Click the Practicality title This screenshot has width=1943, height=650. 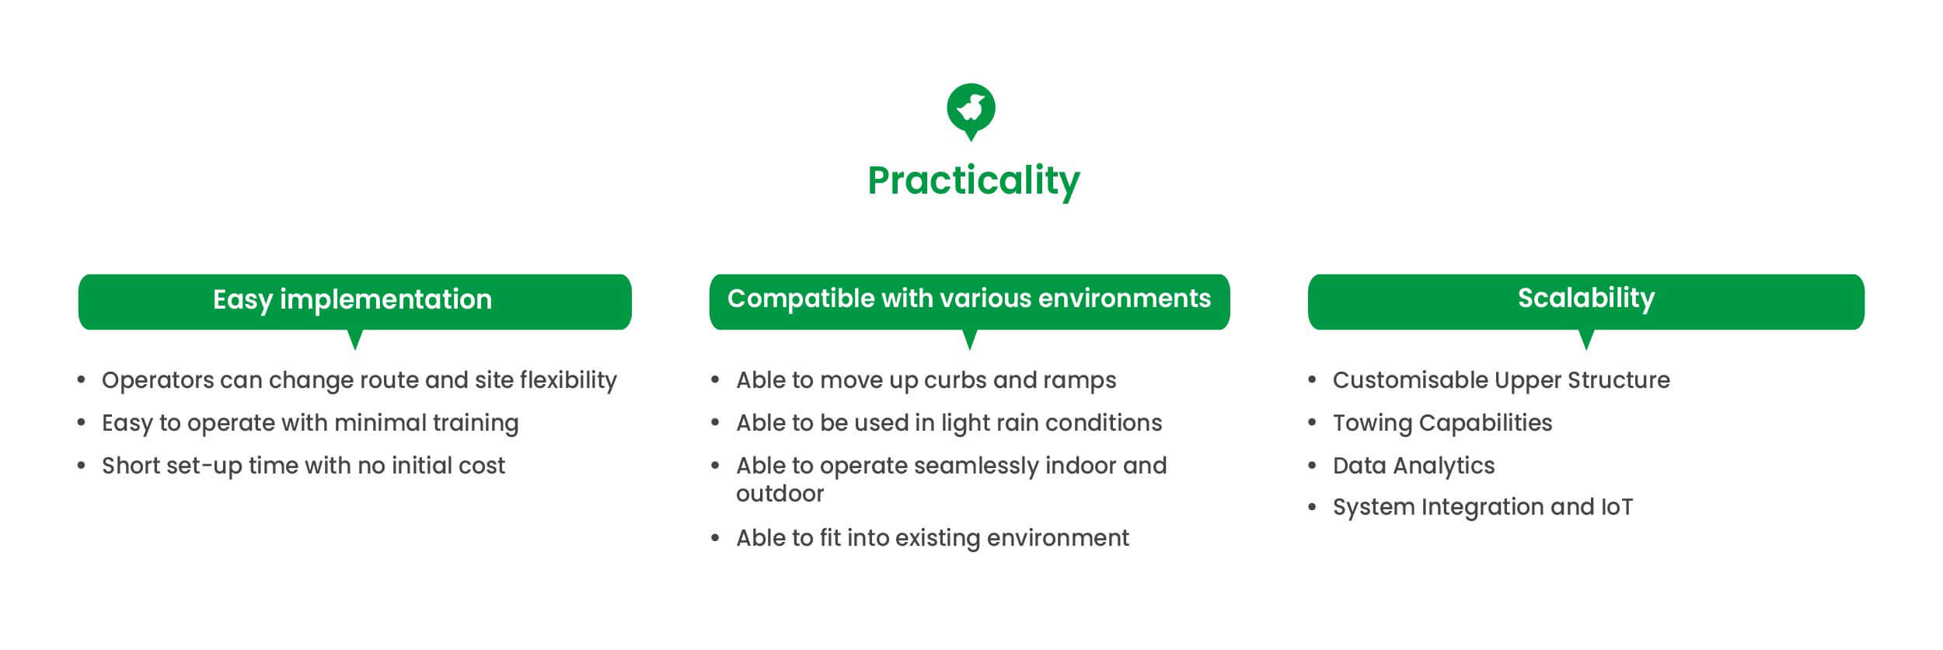(x=973, y=181)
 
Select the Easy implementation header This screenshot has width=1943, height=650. (x=354, y=302)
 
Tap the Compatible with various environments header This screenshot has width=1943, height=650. (x=969, y=302)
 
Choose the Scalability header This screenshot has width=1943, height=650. (x=1585, y=302)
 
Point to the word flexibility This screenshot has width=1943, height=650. (x=568, y=379)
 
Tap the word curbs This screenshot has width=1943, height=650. (x=955, y=379)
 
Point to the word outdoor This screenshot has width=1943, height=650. (x=780, y=494)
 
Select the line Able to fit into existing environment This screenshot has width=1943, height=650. (x=933, y=538)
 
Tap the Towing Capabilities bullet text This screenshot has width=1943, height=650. (x=1442, y=423)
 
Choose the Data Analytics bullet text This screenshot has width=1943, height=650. (x=1413, y=466)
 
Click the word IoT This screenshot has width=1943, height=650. (x=1617, y=507)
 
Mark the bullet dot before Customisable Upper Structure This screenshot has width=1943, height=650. (x=1313, y=380)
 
